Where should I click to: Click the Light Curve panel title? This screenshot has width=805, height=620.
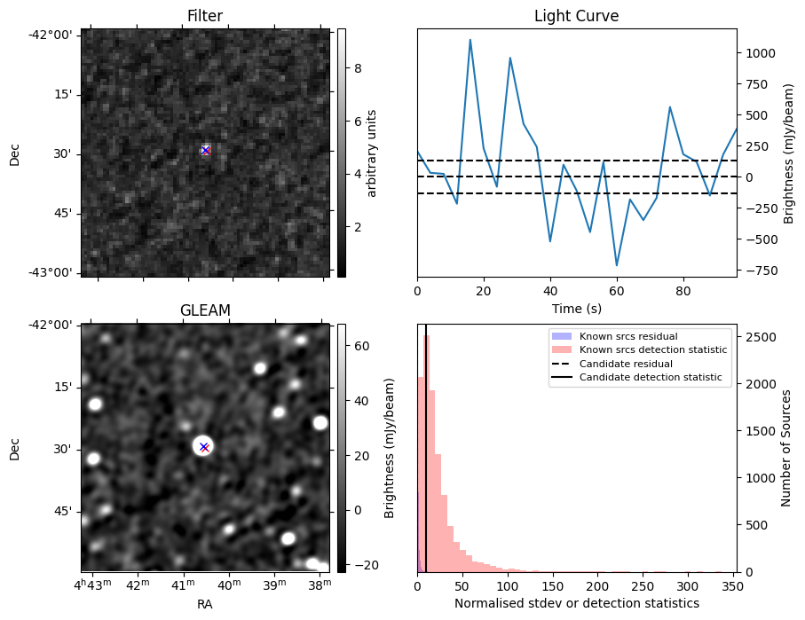click(576, 16)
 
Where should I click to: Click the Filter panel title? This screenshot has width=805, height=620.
click(205, 16)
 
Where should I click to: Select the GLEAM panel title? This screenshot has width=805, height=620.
click(205, 310)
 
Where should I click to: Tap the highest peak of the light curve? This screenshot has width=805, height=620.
click(470, 40)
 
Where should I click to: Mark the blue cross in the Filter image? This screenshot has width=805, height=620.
click(206, 151)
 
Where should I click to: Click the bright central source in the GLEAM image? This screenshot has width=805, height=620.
click(204, 446)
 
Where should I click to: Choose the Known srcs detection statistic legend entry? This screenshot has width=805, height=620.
click(652, 350)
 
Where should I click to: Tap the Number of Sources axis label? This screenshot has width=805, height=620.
click(786, 448)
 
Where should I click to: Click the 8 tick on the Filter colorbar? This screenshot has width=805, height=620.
click(352, 67)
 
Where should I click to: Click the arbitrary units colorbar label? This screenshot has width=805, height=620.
click(373, 153)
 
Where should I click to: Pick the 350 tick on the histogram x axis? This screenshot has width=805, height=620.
click(732, 586)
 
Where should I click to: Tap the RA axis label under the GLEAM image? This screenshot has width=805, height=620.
click(205, 604)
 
